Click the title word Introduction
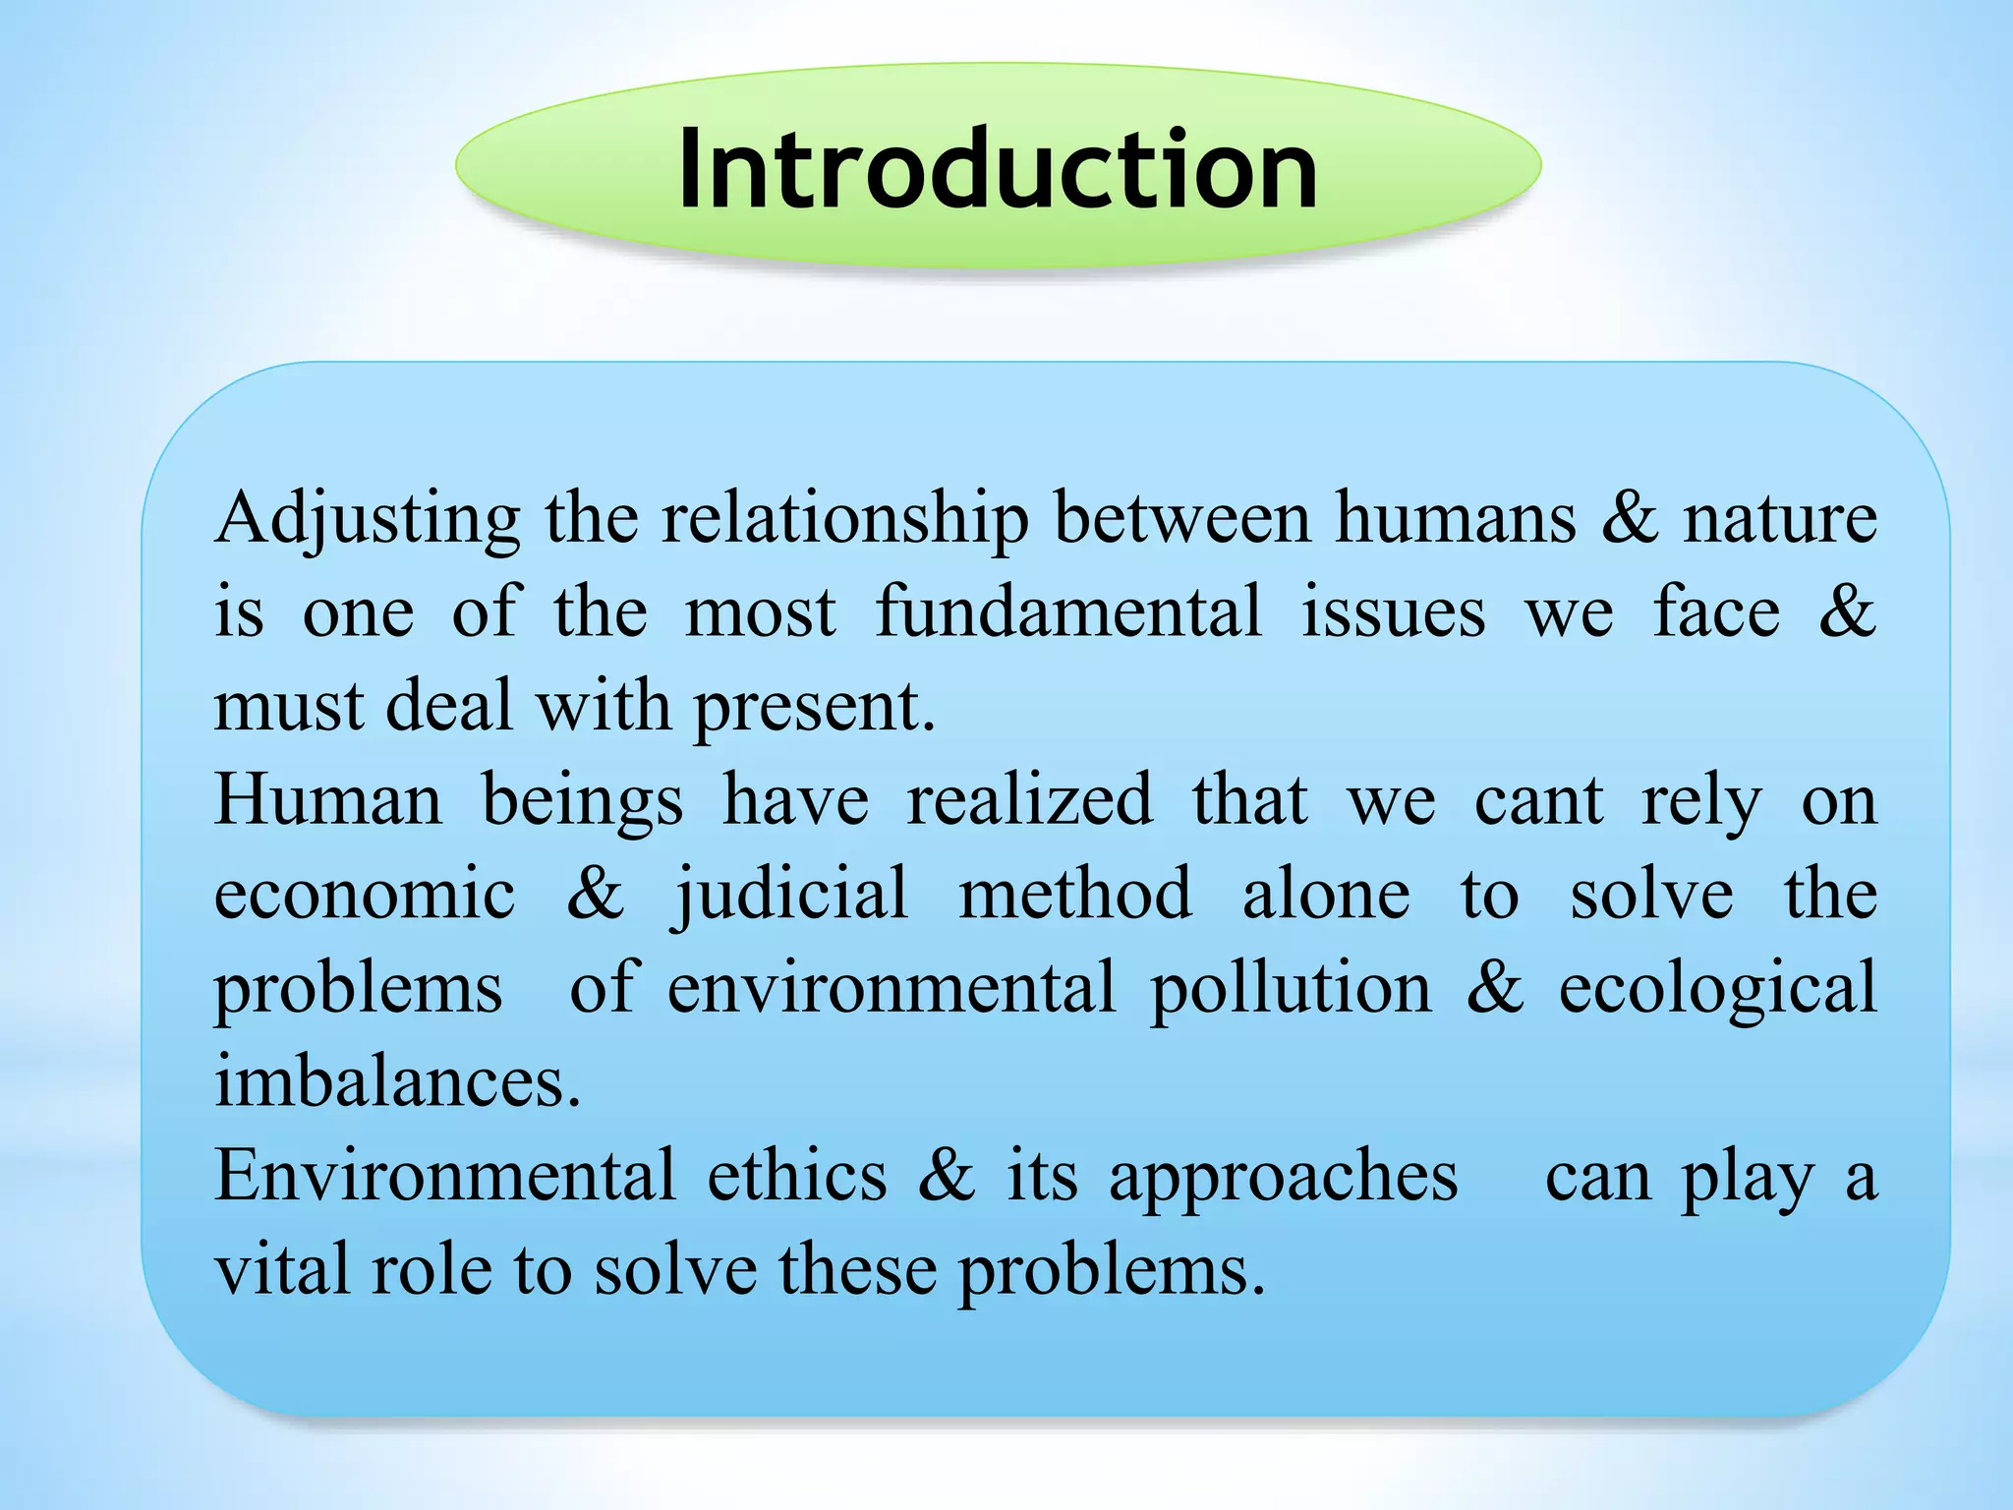click(x=997, y=169)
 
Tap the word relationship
click(x=844, y=519)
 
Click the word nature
click(x=1779, y=519)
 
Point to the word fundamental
click(x=1067, y=611)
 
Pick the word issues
click(x=1393, y=611)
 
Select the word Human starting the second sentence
click(x=328, y=799)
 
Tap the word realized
click(x=1028, y=799)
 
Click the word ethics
click(x=797, y=1176)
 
